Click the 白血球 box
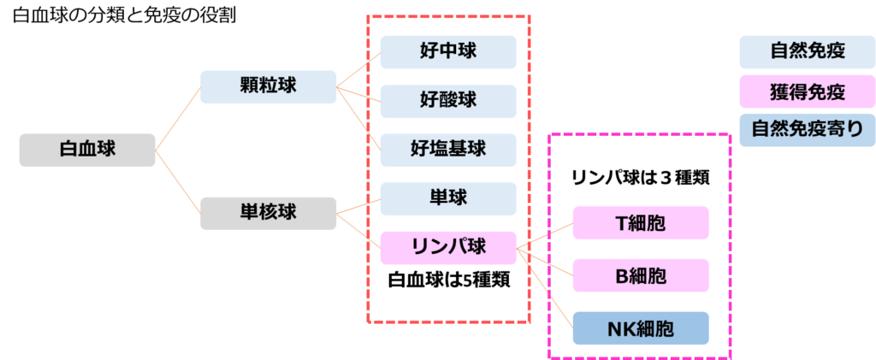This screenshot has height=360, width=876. pyautogui.click(x=87, y=150)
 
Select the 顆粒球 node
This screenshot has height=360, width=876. pyautogui.click(x=268, y=87)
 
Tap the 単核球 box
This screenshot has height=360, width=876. pyautogui.click(x=268, y=212)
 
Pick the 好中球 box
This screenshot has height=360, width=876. pyautogui.click(x=448, y=52)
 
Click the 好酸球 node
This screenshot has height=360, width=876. pyautogui.click(x=448, y=101)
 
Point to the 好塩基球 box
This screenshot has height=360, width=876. pyautogui.click(x=448, y=150)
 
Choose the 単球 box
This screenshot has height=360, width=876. pyautogui.click(x=448, y=198)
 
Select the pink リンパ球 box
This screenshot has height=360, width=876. pyautogui.click(x=448, y=248)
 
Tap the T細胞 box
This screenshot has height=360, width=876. pyautogui.click(x=641, y=223)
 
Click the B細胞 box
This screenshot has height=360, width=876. pyautogui.click(x=641, y=276)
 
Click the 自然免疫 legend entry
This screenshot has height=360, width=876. pyautogui.click(x=807, y=51)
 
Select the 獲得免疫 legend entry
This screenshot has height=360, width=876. pyautogui.click(x=807, y=91)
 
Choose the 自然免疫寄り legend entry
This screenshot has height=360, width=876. pyautogui.click(x=807, y=129)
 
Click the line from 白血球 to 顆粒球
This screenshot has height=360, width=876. pyautogui.click(x=178, y=118)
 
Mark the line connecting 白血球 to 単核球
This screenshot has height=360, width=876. pyautogui.click(x=178, y=181)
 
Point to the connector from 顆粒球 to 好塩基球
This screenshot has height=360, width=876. pyautogui.click(x=359, y=119)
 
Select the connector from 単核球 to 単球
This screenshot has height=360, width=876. pyautogui.click(x=358, y=206)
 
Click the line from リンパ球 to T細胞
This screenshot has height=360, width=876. pyautogui.click(x=545, y=237)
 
